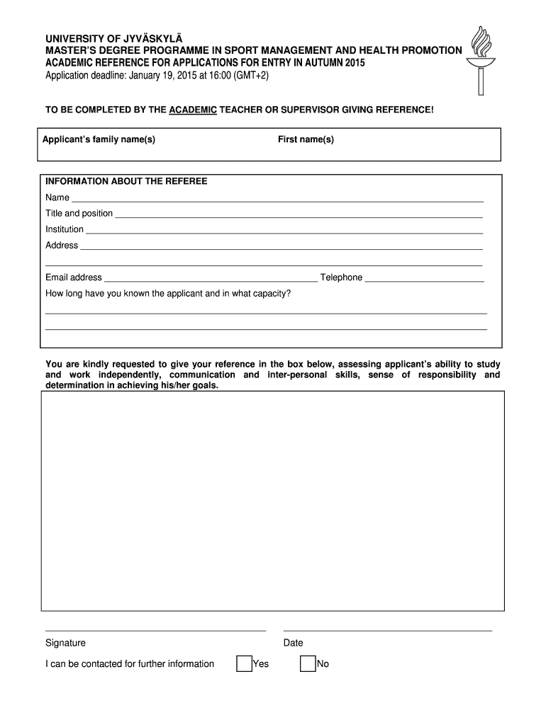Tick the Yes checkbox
[244, 663]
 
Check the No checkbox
[308, 663]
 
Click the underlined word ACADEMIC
[193, 110]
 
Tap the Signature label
[65, 643]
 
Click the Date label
[293, 643]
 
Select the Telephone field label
[341, 278]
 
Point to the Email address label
[74, 278]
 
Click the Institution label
[65, 229]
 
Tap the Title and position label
[79, 213]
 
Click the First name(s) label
[306, 139]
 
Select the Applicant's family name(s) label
[99, 139]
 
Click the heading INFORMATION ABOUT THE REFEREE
[126, 181]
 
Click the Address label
[62, 245]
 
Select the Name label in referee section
[57, 198]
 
